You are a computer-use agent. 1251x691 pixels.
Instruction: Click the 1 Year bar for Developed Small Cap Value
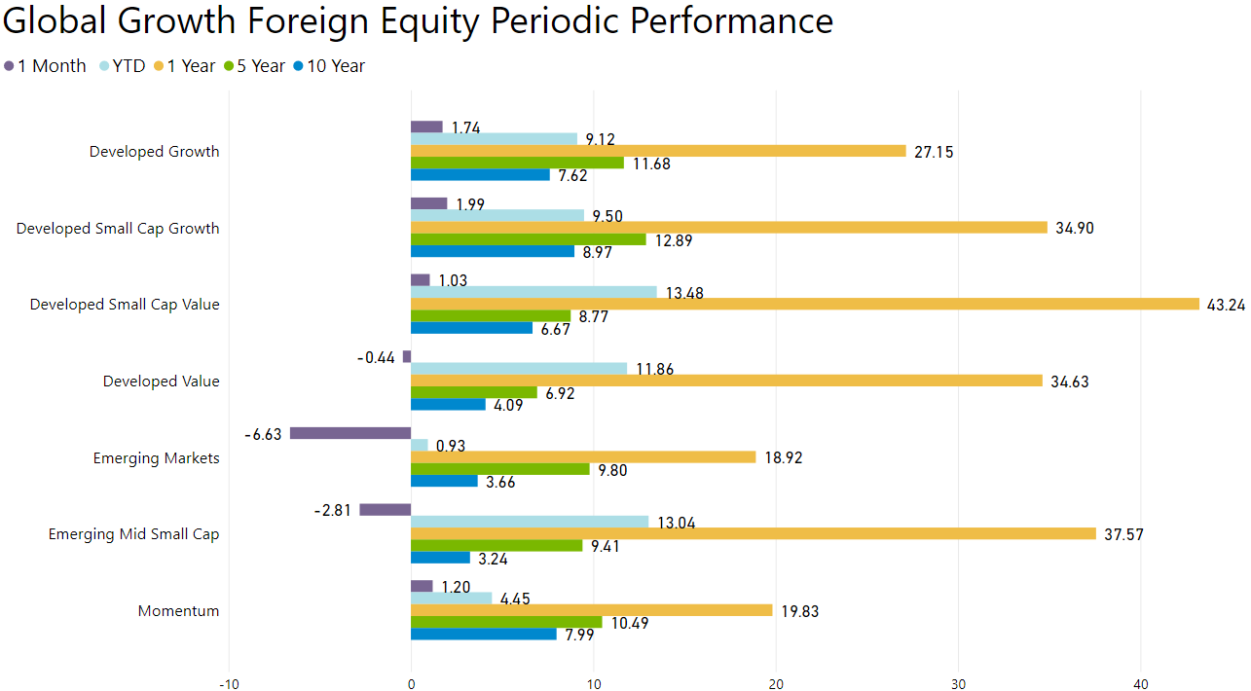pyautogui.click(x=805, y=305)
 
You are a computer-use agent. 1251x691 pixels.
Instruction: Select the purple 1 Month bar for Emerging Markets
pyautogui.click(x=350, y=433)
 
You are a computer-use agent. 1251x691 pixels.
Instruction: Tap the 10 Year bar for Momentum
pyautogui.click(x=484, y=635)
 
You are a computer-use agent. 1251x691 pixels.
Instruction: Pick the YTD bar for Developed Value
pyautogui.click(x=519, y=369)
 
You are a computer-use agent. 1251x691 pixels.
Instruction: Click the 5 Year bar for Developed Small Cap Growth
pyautogui.click(x=529, y=239)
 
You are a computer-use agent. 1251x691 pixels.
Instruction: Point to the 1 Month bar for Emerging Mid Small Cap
pyautogui.click(x=386, y=510)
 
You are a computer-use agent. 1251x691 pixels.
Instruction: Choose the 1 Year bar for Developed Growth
pyautogui.click(x=658, y=151)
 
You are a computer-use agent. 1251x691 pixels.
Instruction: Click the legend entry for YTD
pyautogui.click(x=123, y=66)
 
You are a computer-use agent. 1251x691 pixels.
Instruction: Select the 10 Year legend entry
pyautogui.click(x=329, y=66)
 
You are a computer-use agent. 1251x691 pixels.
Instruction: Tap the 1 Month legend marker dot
pyautogui.click(x=9, y=66)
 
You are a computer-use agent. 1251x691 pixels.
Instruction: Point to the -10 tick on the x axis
pyautogui.click(x=229, y=684)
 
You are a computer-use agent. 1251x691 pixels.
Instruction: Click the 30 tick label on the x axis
pyautogui.click(x=958, y=684)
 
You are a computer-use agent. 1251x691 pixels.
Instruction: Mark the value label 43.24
pyautogui.click(x=1226, y=305)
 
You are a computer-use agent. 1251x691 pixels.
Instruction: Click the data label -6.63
pyautogui.click(x=263, y=434)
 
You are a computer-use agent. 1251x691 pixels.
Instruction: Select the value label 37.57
pyautogui.click(x=1123, y=534)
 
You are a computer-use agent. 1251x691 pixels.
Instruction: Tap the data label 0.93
pyautogui.click(x=451, y=446)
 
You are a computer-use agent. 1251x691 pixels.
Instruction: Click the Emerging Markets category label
pyautogui.click(x=157, y=458)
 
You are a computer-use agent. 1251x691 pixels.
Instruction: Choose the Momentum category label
pyautogui.click(x=179, y=610)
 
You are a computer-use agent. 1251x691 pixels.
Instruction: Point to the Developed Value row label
pyautogui.click(x=162, y=382)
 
